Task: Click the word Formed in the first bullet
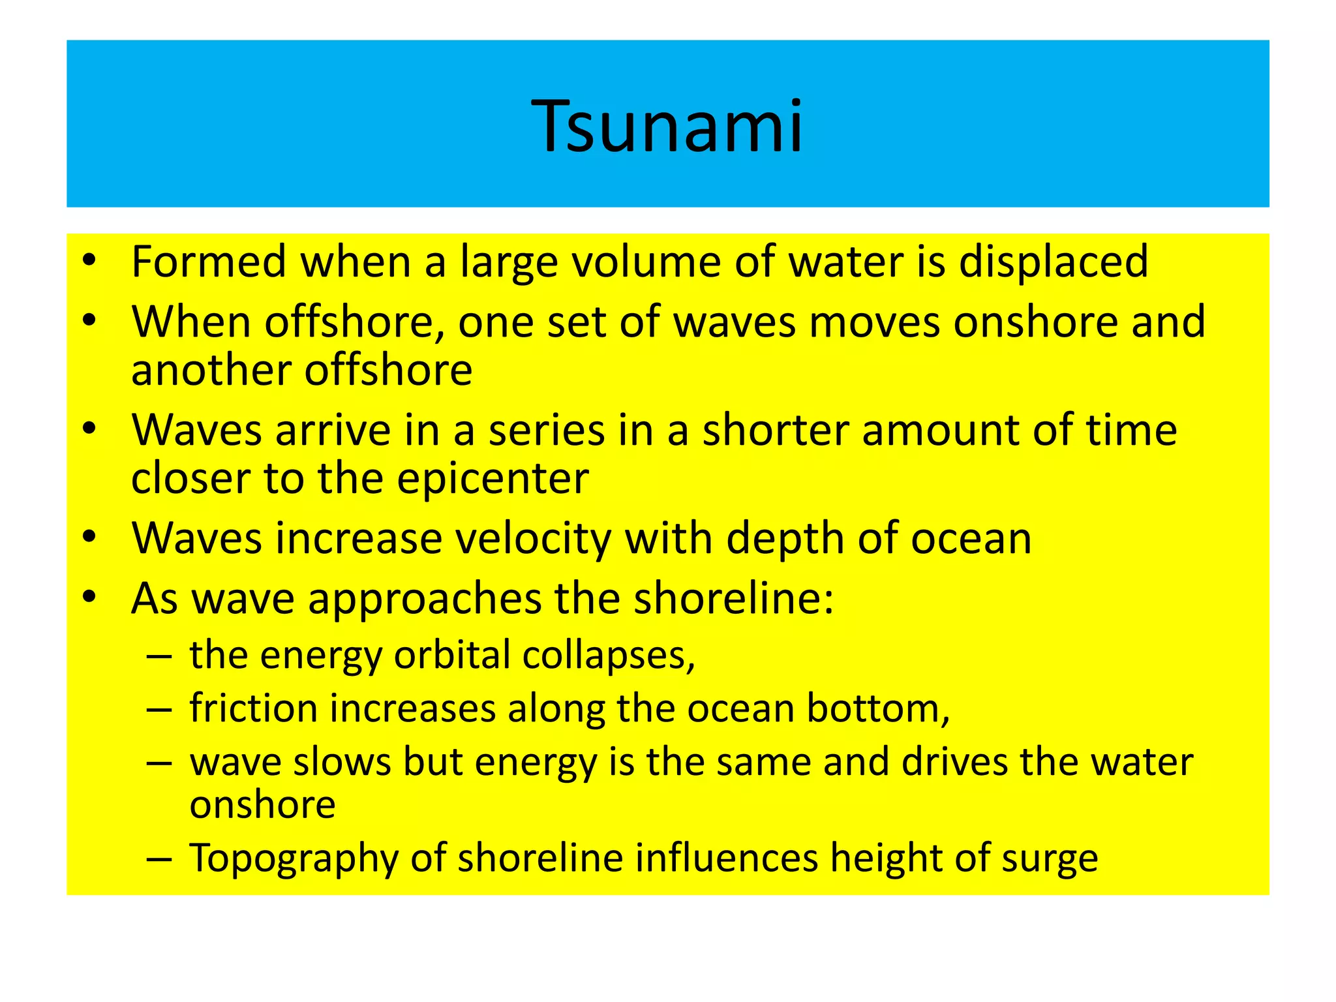pyautogui.click(x=209, y=261)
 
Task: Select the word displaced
pyautogui.click(x=1053, y=262)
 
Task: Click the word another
pyautogui.click(x=211, y=370)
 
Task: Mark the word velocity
pyautogui.click(x=532, y=539)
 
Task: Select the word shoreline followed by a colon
pyautogui.click(x=734, y=598)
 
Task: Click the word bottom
pyautogui.click(x=877, y=708)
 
